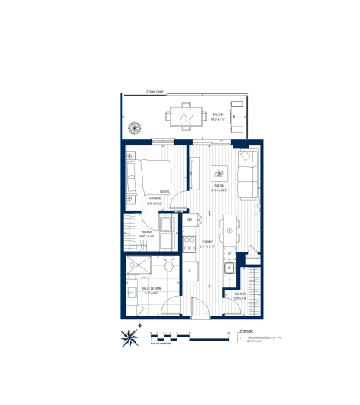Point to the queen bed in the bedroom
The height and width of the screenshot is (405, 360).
[149, 176]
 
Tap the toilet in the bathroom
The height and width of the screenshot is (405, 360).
[167, 266]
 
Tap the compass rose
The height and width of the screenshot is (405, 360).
[130, 336]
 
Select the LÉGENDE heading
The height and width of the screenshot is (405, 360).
[247, 332]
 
